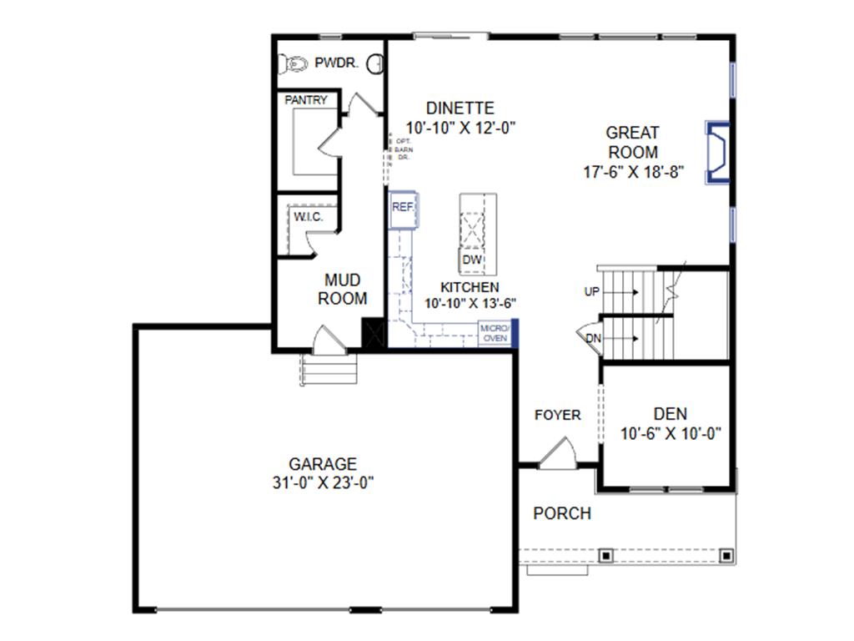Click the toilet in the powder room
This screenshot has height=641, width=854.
(x=294, y=63)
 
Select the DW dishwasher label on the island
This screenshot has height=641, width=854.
(x=473, y=260)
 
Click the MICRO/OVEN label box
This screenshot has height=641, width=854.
(x=495, y=333)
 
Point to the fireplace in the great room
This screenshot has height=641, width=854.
(x=718, y=152)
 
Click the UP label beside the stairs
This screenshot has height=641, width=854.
(x=591, y=292)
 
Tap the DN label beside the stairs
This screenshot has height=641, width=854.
(x=593, y=338)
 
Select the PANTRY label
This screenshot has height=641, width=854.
(x=306, y=100)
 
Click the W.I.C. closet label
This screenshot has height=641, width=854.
(x=307, y=217)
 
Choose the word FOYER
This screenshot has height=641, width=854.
(x=558, y=415)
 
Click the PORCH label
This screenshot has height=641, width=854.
(x=562, y=513)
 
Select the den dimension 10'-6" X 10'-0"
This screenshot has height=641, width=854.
(x=671, y=434)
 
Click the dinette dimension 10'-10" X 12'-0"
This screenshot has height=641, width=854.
(x=461, y=128)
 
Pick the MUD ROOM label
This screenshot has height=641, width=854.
(x=342, y=289)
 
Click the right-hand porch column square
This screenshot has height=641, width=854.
(x=726, y=554)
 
